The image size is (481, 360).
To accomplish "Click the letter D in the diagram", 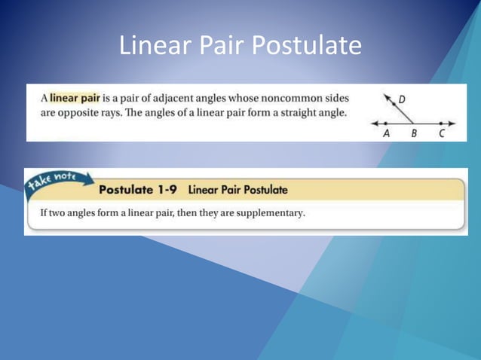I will [402, 99].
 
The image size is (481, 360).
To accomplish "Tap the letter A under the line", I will [387, 133].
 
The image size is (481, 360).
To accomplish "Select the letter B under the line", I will [414, 133].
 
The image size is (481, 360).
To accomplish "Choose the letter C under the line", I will [442, 133].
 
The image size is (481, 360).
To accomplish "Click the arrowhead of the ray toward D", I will [387, 97].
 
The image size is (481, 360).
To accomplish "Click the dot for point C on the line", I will [441, 122].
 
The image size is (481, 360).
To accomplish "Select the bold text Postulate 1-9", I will [138, 190].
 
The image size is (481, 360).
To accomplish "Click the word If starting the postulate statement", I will [44, 213].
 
